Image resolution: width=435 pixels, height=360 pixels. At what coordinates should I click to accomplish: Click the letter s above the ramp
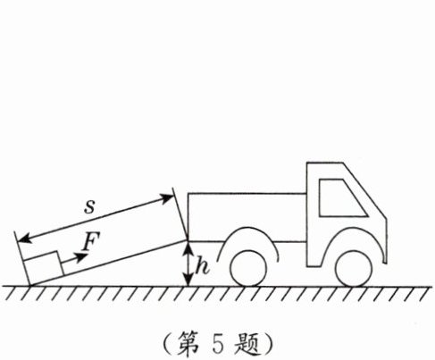tap(89, 206)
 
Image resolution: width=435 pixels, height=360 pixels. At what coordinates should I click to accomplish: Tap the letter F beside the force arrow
tap(91, 241)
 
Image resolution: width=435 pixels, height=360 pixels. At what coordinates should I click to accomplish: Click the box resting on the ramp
tap(44, 268)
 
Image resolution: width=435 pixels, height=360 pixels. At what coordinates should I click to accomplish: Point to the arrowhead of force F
tap(80, 257)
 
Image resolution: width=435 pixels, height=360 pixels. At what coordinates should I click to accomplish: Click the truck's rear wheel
tap(248, 269)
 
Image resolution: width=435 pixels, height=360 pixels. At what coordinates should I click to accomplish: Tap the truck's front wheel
tap(354, 269)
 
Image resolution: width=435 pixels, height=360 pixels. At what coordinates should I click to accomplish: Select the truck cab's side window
tap(342, 197)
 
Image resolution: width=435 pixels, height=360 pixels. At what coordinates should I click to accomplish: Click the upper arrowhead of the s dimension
tap(167, 197)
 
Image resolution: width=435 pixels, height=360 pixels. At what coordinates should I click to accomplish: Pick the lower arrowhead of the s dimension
tap(24, 239)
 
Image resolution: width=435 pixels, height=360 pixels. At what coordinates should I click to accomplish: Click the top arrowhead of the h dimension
tap(188, 247)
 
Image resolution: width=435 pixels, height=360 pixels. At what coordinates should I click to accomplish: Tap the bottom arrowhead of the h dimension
tap(188, 280)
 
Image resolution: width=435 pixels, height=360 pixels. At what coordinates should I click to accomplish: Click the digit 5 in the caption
tap(218, 346)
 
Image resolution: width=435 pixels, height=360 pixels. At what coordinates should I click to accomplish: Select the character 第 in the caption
tap(188, 345)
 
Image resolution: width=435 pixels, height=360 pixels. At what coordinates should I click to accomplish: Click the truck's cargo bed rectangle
tap(247, 217)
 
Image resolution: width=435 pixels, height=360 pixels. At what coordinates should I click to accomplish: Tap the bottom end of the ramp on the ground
tap(30, 286)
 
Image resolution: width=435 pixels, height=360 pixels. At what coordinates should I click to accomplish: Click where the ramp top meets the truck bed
tap(188, 240)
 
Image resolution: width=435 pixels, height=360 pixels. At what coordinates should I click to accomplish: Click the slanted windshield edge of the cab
tap(365, 190)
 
